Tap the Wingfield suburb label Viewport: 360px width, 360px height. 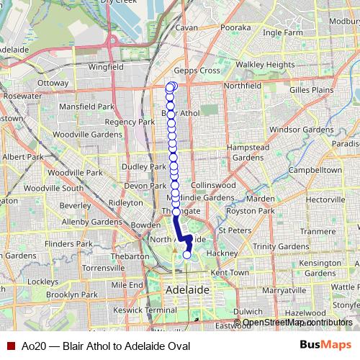(105, 67)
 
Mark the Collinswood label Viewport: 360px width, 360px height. (214, 185)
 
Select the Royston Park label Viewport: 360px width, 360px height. (251, 211)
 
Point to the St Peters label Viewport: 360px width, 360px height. (234, 230)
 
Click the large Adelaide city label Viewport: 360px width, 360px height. (187, 289)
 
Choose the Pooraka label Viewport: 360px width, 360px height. (235, 27)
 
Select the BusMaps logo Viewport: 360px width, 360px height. (325, 345)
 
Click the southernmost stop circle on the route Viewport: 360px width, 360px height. (187, 254)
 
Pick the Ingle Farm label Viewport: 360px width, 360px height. (282, 32)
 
